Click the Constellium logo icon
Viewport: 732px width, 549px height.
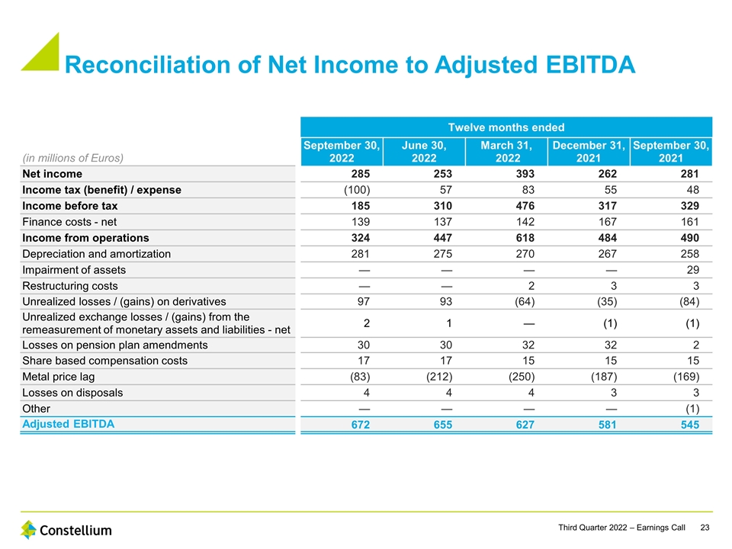tap(28, 530)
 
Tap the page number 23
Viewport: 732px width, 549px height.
tap(705, 528)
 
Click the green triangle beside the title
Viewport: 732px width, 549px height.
tap(40, 51)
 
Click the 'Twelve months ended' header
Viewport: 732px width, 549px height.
tap(506, 127)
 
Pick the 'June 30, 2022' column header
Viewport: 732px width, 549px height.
tap(423, 151)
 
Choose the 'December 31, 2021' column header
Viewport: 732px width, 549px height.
tap(588, 151)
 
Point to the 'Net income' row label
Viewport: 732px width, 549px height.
tap(52, 174)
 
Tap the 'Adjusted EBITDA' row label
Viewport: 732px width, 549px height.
tap(69, 425)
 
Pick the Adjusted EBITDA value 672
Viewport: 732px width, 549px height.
tap(360, 425)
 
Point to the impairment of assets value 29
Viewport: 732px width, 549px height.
tap(692, 270)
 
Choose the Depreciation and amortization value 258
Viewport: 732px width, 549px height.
tap(689, 254)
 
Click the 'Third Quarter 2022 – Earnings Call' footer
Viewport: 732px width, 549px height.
tap(621, 528)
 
